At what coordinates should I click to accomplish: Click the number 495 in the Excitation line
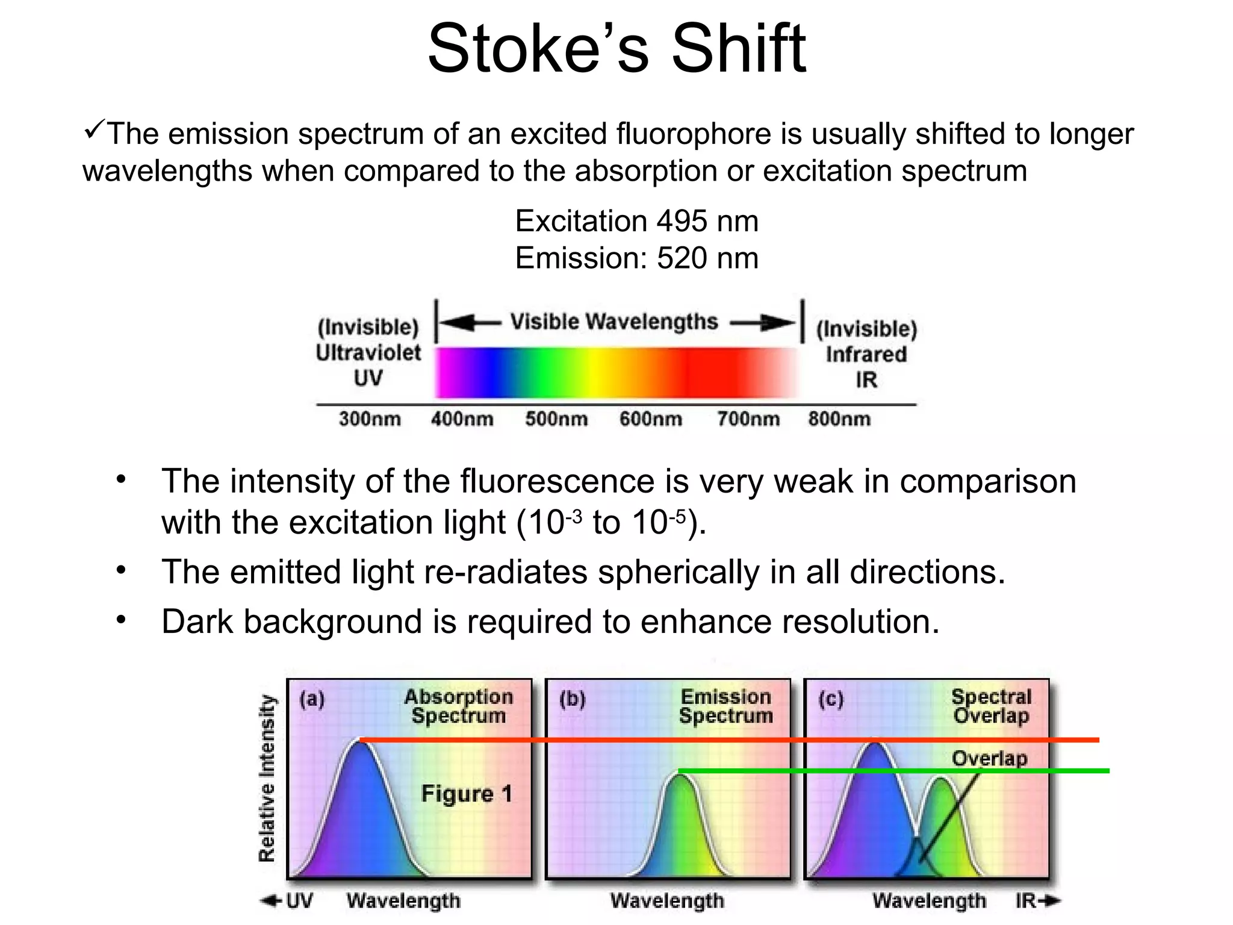coord(682,221)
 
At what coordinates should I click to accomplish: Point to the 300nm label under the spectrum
coord(370,419)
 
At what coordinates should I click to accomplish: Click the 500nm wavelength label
coord(556,419)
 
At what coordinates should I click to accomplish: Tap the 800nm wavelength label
coord(839,419)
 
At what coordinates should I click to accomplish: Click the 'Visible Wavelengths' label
coord(614,322)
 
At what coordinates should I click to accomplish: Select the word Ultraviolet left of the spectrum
coord(368,353)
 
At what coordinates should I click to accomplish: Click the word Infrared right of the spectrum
coord(866,354)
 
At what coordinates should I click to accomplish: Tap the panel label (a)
coord(312,699)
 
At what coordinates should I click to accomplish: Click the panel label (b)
coord(572,699)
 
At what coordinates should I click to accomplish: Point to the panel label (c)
coord(831,699)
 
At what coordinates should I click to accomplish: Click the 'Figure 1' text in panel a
coord(467,794)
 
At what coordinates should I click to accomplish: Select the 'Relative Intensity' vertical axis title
coord(267,778)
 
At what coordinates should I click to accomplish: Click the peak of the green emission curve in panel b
coord(680,777)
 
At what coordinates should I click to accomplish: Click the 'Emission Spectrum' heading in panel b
coord(725,706)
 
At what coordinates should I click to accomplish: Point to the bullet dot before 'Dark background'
coord(122,620)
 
